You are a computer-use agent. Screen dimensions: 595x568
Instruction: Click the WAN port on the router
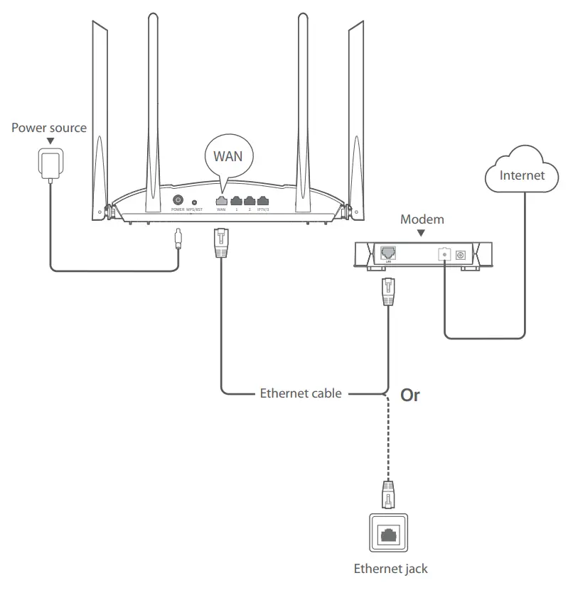pyautogui.click(x=221, y=201)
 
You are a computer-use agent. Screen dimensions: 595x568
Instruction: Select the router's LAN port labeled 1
pyautogui.click(x=236, y=201)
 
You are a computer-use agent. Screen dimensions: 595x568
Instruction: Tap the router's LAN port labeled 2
pyautogui.click(x=250, y=201)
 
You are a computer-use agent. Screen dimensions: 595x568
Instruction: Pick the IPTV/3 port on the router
pyautogui.click(x=263, y=201)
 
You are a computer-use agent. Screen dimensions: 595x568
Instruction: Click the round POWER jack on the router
pyautogui.click(x=177, y=201)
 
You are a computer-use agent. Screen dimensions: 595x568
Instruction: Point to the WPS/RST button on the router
pyautogui.click(x=194, y=202)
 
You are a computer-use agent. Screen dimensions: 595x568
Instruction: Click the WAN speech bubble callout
pyautogui.click(x=227, y=157)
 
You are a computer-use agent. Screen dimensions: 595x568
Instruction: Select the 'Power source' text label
pyautogui.click(x=49, y=128)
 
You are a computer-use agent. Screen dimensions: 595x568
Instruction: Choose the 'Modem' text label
pyautogui.click(x=422, y=219)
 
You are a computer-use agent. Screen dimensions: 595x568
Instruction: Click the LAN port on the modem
pyautogui.click(x=388, y=252)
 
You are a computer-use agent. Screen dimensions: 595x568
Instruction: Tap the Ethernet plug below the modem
pyautogui.click(x=388, y=291)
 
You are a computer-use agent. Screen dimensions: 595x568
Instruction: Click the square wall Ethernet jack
pyautogui.click(x=388, y=534)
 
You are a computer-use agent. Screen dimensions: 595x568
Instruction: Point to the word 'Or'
pyautogui.click(x=410, y=395)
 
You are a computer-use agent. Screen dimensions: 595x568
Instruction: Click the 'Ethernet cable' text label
pyautogui.click(x=301, y=393)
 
